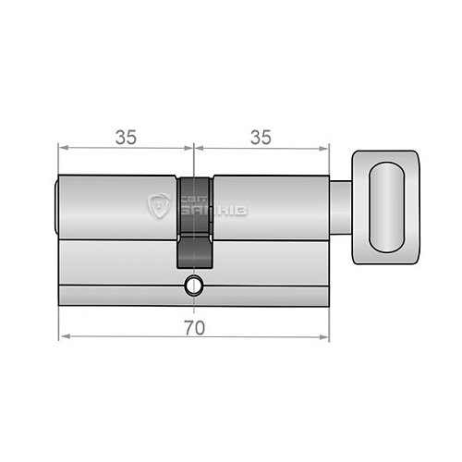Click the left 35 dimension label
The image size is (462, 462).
pyautogui.click(x=126, y=137)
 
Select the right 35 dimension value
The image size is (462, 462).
pyautogui.click(x=261, y=137)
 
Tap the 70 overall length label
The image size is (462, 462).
pyautogui.click(x=192, y=326)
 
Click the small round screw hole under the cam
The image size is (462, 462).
pyautogui.click(x=193, y=286)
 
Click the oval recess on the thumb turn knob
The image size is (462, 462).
pyautogui.click(x=386, y=204)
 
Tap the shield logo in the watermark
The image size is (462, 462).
pyautogui.click(x=160, y=204)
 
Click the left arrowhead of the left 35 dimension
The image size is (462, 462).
pyautogui.click(x=63, y=147)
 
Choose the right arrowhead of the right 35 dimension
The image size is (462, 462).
pyautogui.click(x=325, y=147)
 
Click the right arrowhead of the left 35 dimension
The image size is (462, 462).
pyautogui.click(x=189, y=147)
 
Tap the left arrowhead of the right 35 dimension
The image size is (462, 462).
pyautogui.click(x=198, y=147)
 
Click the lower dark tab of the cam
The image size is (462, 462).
pyautogui.click(x=193, y=249)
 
